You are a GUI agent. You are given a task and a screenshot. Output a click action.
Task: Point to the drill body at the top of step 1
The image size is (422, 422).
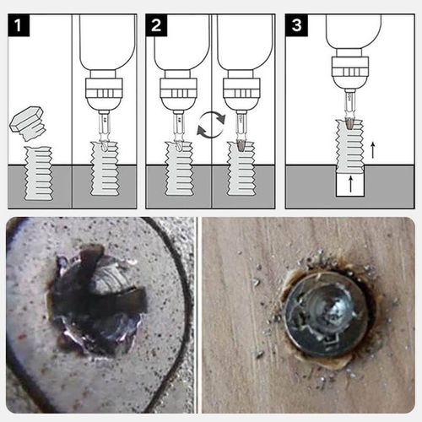(105, 38)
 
